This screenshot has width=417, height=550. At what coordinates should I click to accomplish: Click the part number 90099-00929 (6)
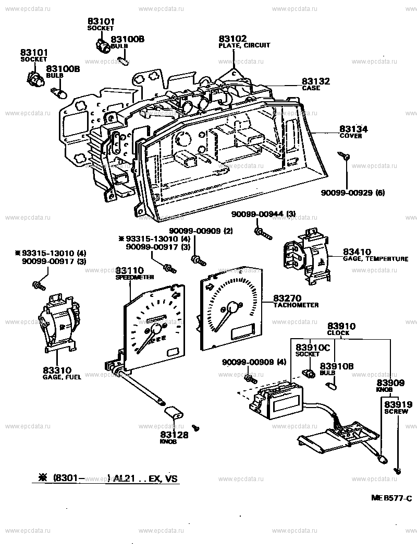coord(352,193)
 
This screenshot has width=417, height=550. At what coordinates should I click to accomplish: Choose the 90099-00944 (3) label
coord(264,214)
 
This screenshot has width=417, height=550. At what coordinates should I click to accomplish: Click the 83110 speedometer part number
coord(130,270)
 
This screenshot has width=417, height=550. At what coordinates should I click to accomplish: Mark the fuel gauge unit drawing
coord(59,323)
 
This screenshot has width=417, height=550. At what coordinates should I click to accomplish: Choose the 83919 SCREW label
coord(398,407)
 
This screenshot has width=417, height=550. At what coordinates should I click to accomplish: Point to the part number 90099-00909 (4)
coord(254,362)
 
